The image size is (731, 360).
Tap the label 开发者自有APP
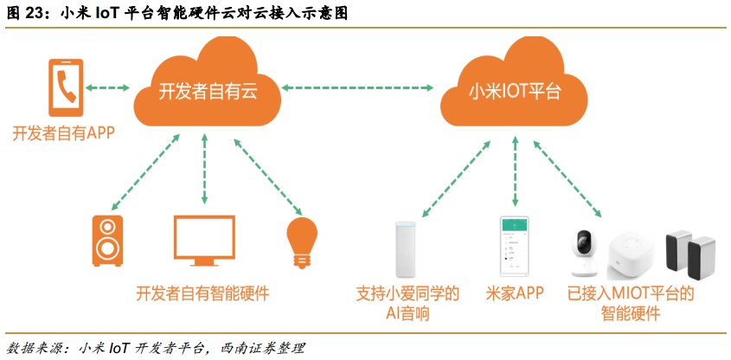click(x=63, y=133)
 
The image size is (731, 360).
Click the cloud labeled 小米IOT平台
click(x=513, y=91)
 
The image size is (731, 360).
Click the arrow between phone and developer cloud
click(x=108, y=87)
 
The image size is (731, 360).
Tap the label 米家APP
click(x=516, y=293)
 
